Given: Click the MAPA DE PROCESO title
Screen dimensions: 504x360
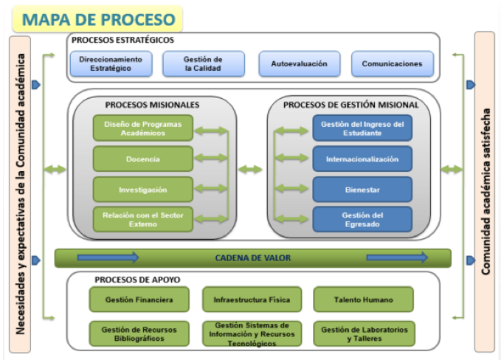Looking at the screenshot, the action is pyautogui.click(x=98, y=19).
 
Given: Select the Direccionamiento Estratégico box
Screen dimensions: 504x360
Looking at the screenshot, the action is pyautogui.click(x=111, y=63).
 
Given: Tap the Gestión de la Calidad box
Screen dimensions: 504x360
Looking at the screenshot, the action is pyautogui.click(x=204, y=63).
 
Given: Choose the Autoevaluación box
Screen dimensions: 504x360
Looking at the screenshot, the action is pyautogui.click(x=300, y=63).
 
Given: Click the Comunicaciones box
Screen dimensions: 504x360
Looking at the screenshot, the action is pyautogui.click(x=392, y=63).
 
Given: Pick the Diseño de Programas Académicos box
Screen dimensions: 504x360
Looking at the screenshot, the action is pyautogui.click(x=143, y=128).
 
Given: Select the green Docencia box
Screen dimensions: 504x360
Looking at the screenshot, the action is pyautogui.click(x=143, y=159).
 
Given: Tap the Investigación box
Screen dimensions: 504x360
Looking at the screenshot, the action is pyautogui.click(x=143, y=190).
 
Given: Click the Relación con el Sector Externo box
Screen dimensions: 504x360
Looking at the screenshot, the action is pyautogui.click(x=143, y=220).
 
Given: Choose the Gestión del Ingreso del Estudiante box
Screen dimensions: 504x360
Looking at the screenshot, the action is pyautogui.click(x=362, y=128).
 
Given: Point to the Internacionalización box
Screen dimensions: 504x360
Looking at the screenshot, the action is pyautogui.click(x=362, y=159).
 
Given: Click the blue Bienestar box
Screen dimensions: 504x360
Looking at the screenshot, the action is pyautogui.click(x=362, y=190).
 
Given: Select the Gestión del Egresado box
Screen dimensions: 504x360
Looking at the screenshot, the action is pyautogui.click(x=362, y=220).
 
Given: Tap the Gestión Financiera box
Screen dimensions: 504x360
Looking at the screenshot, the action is pyautogui.click(x=139, y=300).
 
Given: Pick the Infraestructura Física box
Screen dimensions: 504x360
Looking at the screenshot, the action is pyautogui.click(x=252, y=300).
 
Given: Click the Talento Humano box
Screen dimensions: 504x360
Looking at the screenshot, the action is pyautogui.click(x=363, y=300).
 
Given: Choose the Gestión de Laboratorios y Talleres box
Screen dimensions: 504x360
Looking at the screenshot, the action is pyautogui.click(x=365, y=333).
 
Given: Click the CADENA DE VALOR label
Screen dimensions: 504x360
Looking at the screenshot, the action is pyautogui.click(x=253, y=257).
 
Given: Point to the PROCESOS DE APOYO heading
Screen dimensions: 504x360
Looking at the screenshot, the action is pyautogui.click(x=137, y=280).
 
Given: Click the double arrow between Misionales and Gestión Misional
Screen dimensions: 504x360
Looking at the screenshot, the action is pyautogui.click(x=250, y=170).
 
